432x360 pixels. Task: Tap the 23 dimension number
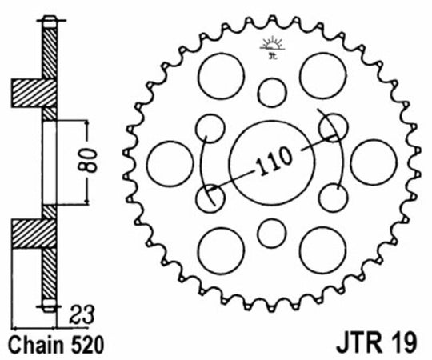pos(82,314)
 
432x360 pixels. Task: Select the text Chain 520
pos(57,344)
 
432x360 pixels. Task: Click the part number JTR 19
pos(376,344)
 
